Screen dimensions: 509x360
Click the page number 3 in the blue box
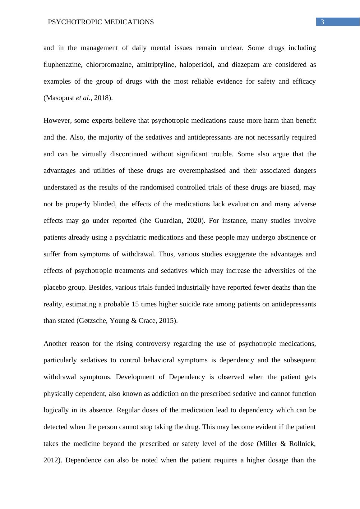tap(322, 22)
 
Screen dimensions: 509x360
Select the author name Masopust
tap(58, 98)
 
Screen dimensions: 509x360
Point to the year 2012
tap(51, 460)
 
